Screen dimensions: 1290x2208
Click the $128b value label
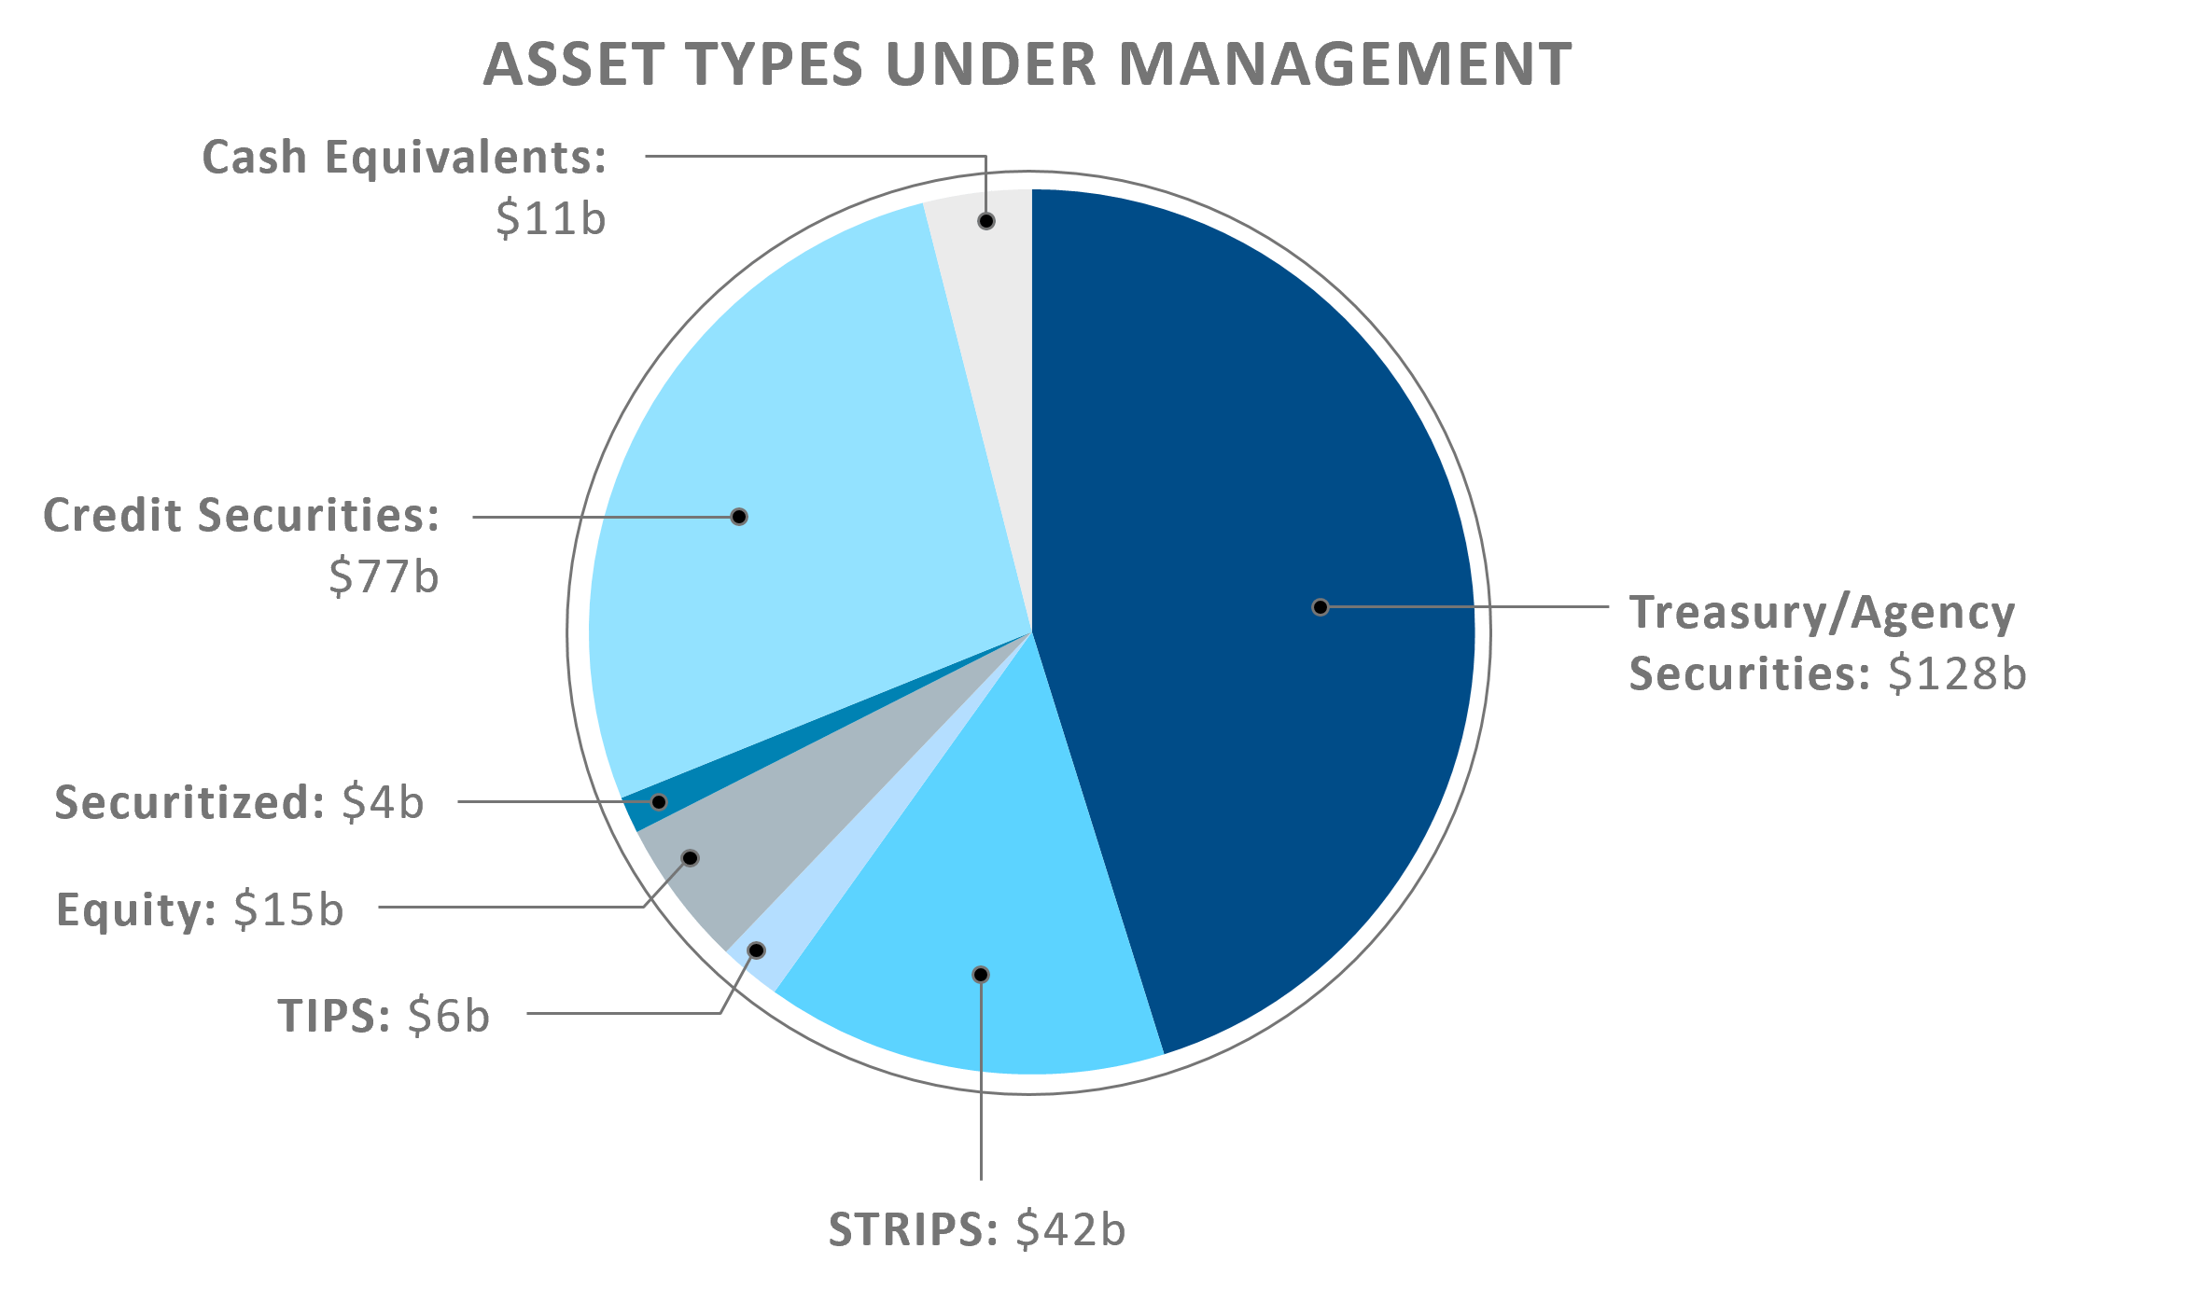pyautogui.click(x=1957, y=673)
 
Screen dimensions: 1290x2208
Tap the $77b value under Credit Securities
pyautogui.click(x=384, y=576)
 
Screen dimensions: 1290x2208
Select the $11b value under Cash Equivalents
pyautogui.click(x=551, y=218)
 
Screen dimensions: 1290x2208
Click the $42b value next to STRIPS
pyautogui.click(x=1070, y=1229)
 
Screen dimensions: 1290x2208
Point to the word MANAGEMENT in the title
pyautogui.click(x=1345, y=65)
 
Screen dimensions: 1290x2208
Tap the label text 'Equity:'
pyautogui.click(x=135, y=909)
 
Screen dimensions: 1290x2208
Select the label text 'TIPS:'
pyautogui.click(x=334, y=1015)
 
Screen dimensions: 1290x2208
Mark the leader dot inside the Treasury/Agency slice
pyautogui.click(x=1321, y=607)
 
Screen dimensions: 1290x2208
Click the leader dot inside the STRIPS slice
pyautogui.click(x=981, y=975)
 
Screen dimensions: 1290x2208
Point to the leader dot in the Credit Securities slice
pyautogui.click(x=739, y=517)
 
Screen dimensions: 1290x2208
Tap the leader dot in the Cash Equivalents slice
pyautogui.click(x=986, y=221)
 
